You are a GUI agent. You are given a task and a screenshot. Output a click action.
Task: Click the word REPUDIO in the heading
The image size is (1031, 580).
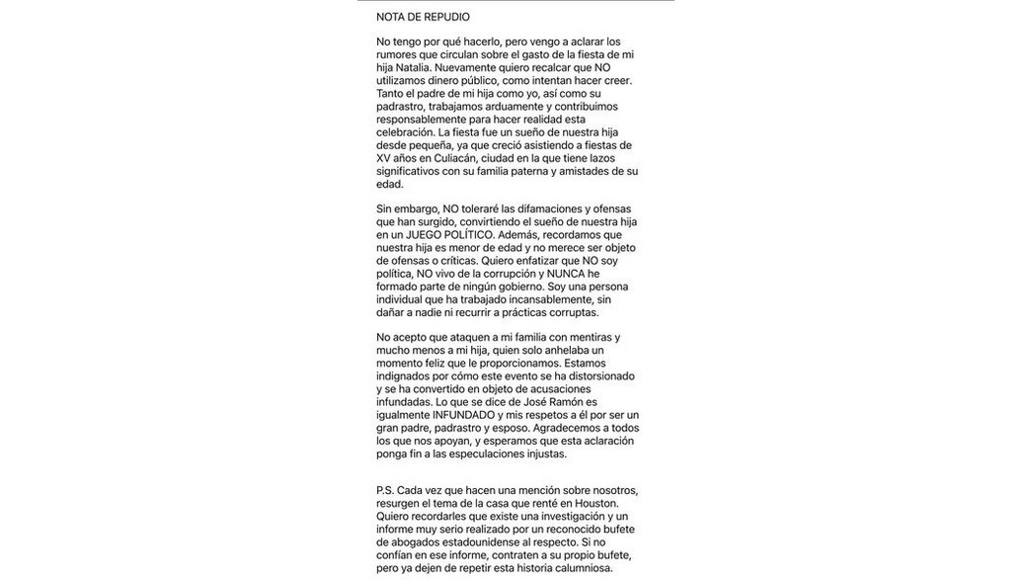[446, 17]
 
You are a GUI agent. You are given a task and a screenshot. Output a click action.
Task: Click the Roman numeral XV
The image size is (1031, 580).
[383, 158]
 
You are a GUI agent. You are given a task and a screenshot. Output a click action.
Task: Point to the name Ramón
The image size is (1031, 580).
[560, 402]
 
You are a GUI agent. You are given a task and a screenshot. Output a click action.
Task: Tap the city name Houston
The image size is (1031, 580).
[596, 503]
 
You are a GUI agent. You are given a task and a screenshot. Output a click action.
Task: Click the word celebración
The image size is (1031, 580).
[405, 132]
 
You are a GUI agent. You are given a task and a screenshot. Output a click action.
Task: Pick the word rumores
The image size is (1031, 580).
[397, 54]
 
